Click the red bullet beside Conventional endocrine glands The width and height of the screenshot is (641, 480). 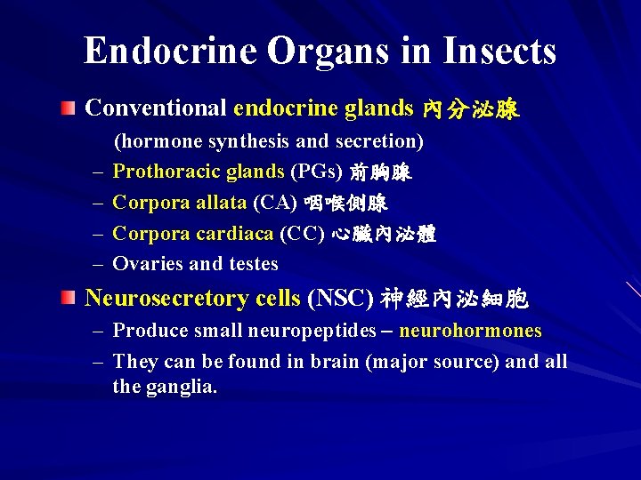pyautogui.click(x=69, y=108)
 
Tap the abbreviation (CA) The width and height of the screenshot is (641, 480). pyautogui.click(x=274, y=204)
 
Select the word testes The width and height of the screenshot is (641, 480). pyautogui.click(x=252, y=264)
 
